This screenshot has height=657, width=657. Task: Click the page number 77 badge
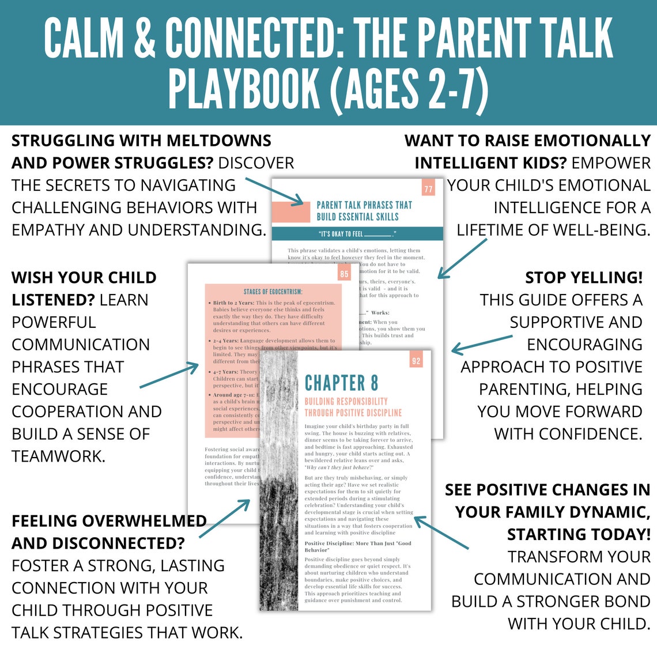[x=428, y=188]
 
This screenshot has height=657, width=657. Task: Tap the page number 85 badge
[x=344, y=274]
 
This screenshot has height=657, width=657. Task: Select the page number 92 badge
[x=416, y=361]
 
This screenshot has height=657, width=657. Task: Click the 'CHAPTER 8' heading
[x=341, y=383]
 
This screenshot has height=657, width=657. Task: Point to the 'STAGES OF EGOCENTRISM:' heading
[x=273, y=292]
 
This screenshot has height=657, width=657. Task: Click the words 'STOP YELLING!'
[x=583, y=277]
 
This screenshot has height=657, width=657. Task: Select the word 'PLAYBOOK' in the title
[x=244, y=88]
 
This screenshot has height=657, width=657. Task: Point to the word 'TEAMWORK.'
[x=58, y=456]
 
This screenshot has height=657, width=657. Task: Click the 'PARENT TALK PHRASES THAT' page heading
[x=364, y=205]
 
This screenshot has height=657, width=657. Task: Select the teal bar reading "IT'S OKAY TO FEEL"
[x=357, y=234]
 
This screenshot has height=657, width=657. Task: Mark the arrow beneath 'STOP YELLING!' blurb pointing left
[x=481, y=344]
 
